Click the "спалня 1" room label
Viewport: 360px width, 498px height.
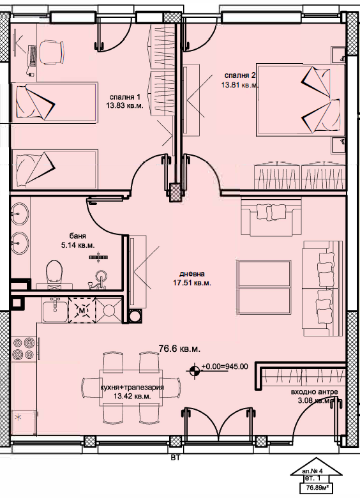124,97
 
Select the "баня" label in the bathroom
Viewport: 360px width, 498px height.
78,236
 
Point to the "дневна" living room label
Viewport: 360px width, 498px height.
191,274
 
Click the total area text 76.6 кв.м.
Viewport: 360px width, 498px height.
179,349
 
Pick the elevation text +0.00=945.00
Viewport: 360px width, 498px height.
225,366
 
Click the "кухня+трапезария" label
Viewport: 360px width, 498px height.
131,388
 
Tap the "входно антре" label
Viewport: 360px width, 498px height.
314,392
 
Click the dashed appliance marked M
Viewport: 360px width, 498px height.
82,310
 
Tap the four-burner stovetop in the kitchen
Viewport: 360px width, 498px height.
24,349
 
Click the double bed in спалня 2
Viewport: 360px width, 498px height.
300,100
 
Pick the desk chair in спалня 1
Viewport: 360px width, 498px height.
51,52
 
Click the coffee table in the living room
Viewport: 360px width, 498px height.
264,287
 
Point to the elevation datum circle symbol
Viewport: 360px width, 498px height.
194,371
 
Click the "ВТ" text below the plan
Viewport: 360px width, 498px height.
176,458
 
